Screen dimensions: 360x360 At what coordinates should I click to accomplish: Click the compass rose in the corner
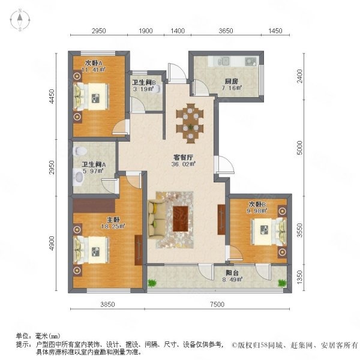(20, 20)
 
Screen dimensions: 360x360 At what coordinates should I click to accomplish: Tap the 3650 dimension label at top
(226, 31)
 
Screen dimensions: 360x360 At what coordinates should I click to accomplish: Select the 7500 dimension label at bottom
(217, 304)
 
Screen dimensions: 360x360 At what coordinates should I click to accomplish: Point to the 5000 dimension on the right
(300, 148)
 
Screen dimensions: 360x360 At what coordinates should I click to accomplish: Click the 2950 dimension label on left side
(52, 167)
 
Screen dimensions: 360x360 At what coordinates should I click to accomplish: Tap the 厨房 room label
(231, 81)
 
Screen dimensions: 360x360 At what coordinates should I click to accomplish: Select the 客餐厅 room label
(183, 157)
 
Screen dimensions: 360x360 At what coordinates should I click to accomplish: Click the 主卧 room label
(113, 220)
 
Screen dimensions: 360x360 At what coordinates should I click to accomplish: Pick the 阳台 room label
(232, 273)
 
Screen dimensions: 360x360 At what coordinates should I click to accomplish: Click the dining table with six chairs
(190, 123)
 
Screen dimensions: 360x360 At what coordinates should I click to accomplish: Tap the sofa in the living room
(157, 220)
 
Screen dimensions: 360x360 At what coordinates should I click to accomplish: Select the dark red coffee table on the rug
(181, 219)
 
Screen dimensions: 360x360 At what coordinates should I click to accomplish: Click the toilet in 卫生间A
(80, 151)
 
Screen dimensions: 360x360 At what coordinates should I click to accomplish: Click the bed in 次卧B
(269, 232)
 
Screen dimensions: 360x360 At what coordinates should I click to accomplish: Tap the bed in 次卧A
(91, 97)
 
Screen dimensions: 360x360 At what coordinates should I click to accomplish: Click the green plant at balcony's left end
(152, 283)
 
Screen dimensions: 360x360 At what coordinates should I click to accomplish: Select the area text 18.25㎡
(113, 226)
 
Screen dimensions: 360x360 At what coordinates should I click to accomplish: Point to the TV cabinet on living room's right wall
(221, 220)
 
